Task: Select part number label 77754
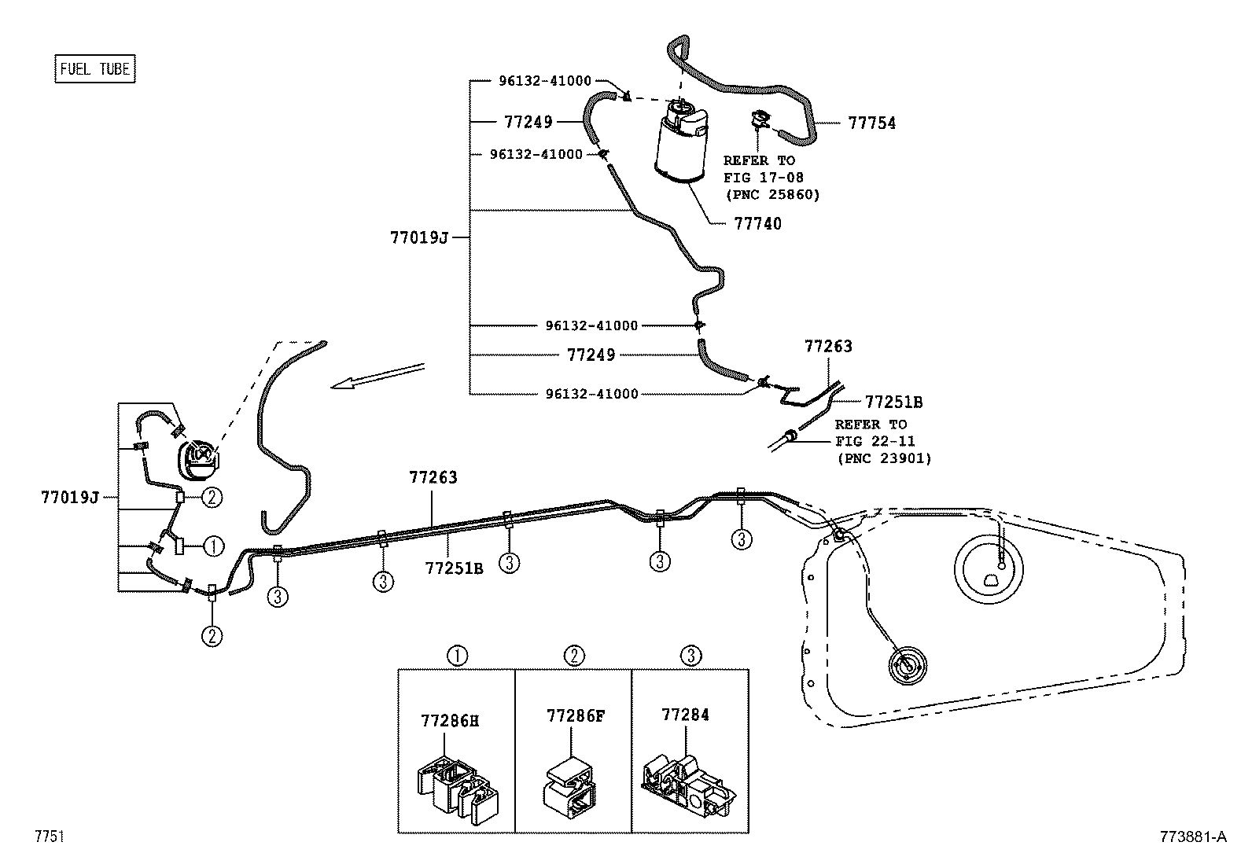(871, 123)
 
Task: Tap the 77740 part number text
(757, 224)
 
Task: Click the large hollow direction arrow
(377, 376)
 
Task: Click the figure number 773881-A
(1192, 836)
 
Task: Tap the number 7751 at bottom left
(48, 836)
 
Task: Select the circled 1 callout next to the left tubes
(212, 545)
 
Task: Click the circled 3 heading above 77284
(690, 655)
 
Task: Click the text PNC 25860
(771, 194)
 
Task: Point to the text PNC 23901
(884, 458)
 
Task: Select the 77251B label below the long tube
(454, 568)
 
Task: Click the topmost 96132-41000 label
(544, 80)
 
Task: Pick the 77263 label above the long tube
(433, 477)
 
